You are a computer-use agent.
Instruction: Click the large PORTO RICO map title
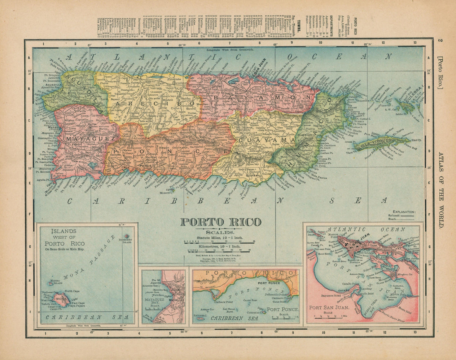point(220,222)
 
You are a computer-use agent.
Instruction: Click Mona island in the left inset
point(61,301)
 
